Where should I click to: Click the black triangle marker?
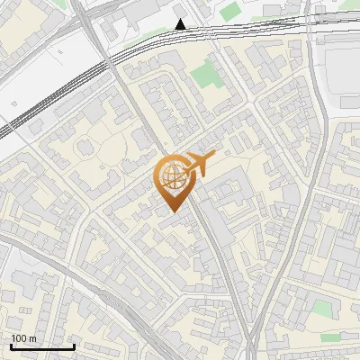click(x=181, y=24)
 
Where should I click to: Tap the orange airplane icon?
click(x=201, y=165)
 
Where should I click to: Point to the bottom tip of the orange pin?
click(x=171, y=212)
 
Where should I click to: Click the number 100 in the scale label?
click(x=19, y=337)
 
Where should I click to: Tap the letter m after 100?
click(x=32, y=337)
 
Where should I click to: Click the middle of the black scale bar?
click(x=42, y=346)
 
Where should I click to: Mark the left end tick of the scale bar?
click(x=11, y=345)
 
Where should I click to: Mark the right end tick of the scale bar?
click(x=74, y=345)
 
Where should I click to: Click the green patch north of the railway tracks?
click(x=230, y=11)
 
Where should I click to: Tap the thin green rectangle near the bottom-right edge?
click(x=331, y=337)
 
